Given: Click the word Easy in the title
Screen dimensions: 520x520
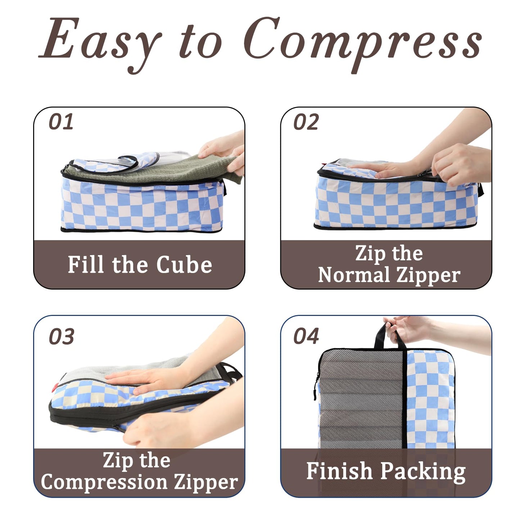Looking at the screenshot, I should click(x=101, y=40).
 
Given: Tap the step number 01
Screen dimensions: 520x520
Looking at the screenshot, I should click(x=61, y=122).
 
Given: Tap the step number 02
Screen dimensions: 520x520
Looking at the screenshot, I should click(x=306, y=122).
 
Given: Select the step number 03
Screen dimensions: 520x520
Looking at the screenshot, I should click(x=62, y=336).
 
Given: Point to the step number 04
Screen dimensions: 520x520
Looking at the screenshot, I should click(x=306, y=336).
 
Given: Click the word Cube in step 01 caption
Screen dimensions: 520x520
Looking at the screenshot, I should click(x=184, y=265).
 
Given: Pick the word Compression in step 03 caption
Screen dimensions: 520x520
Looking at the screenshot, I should click(x=104, y=482).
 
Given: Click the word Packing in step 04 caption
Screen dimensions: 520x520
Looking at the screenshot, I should click(x=423, y=472).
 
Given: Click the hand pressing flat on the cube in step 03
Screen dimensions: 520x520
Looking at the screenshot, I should click(x=144, y=378).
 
